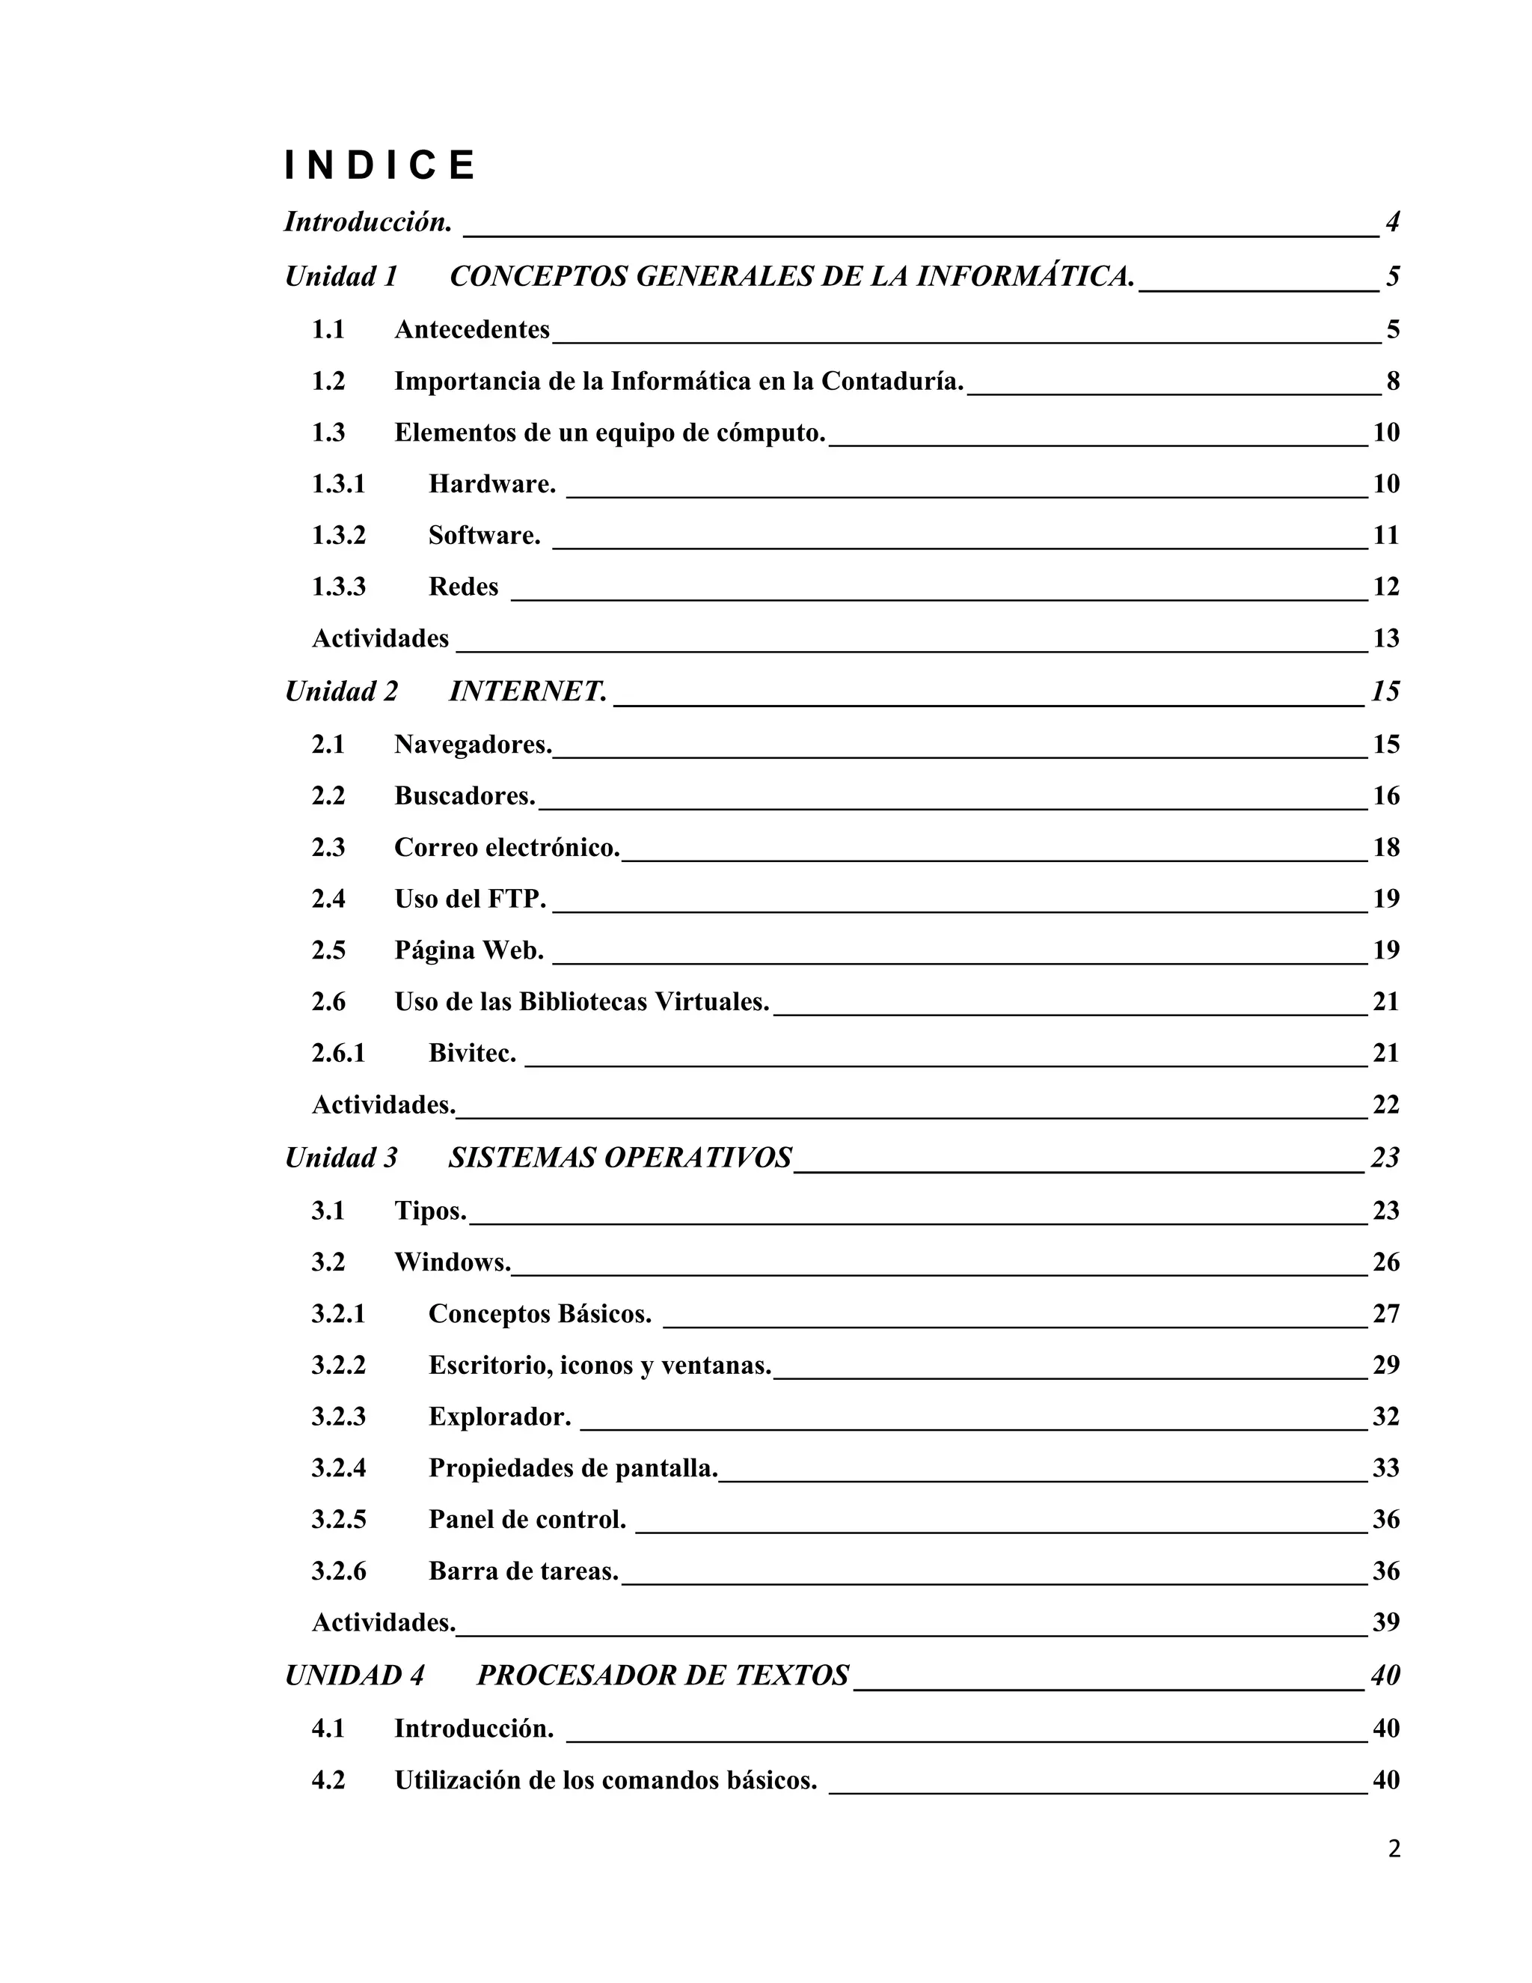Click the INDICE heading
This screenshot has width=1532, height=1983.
click(379, 165)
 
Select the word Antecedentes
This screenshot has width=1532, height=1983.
click(472, 329)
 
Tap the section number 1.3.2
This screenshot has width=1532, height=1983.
click(339, 536)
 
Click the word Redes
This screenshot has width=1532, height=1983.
click(463, 587)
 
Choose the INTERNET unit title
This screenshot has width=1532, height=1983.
click(527, 692)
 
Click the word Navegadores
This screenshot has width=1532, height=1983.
click(473, 745)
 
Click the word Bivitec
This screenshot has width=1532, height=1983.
click(472, 1054)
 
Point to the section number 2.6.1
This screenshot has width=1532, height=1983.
click(339, 1054)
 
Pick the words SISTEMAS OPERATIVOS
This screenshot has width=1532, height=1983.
click(620, 1158)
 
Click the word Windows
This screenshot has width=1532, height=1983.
click(452, 1262)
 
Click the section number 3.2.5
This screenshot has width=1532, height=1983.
click(339, 1520)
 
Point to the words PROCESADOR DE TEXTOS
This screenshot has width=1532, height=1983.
click(663, 1675)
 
